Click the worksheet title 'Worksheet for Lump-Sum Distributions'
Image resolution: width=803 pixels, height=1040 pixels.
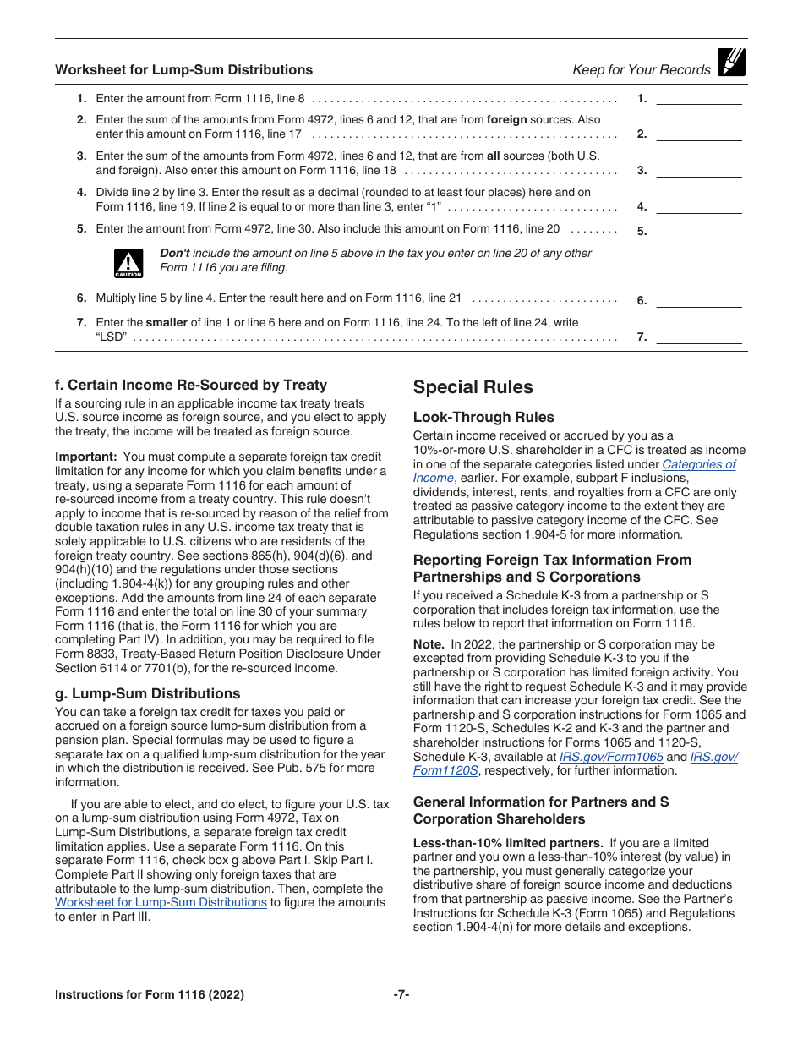click(183, 70)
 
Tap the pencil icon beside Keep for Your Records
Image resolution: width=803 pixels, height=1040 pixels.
click(730, 63)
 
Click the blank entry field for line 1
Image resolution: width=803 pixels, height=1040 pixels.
click(699, 98)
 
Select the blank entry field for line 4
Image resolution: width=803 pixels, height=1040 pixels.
click(699, 207)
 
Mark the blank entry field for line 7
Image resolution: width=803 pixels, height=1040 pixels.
click(699, 337)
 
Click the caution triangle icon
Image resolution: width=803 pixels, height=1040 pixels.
click(128, 263)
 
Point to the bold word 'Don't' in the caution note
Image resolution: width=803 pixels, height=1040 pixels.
click(175, 254)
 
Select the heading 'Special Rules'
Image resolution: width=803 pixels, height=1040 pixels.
click(473, 387)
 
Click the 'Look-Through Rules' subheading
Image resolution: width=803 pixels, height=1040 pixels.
click(483, 417)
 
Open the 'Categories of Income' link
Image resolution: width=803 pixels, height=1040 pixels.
click(698, 464)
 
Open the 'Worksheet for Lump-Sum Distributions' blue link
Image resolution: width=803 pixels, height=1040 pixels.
click(161, 902)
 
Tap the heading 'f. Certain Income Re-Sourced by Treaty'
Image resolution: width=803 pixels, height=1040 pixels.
click(191, 385)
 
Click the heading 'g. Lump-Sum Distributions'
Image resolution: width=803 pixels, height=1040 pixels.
click(147, 693)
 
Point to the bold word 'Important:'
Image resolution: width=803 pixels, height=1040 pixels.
click(85, 457)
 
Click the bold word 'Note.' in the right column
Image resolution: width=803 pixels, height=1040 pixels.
click(429, 644)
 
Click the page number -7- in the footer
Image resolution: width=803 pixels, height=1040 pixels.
click(401, 994)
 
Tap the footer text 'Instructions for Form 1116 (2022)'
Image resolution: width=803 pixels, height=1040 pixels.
click(150, 994)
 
